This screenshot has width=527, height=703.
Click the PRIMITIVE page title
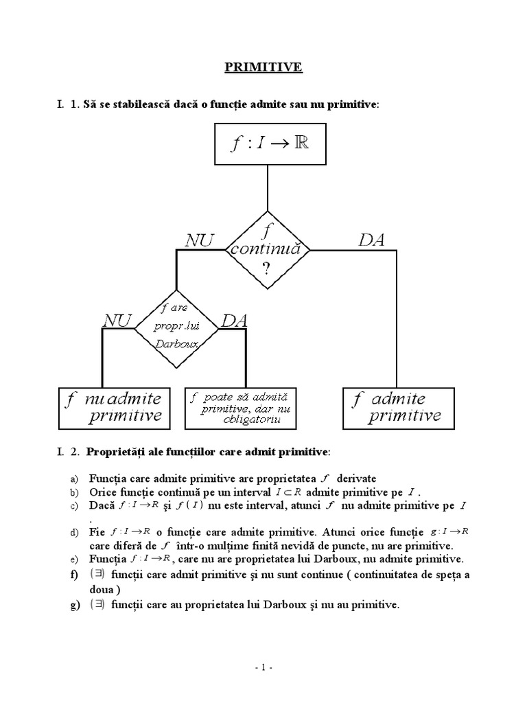click(x=263, y=67)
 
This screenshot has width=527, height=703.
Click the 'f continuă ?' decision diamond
click(x=266, y=250)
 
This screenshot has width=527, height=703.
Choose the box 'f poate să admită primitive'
click(x=240, y=408)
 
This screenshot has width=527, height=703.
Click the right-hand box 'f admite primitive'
click(x=398, y=407)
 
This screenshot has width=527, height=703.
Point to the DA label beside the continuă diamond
click(x=371, y=240)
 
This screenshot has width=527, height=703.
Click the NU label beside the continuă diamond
click(x=200, y=240)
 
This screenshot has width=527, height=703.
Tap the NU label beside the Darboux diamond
click(x=117, y=321)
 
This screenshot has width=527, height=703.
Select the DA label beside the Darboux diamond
click(x=233, y=321)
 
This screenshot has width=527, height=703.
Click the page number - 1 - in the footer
click(x=263, y=667)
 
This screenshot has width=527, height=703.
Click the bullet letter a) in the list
click(x=73, y=479)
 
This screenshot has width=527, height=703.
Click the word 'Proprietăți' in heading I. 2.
click(x=117, y=452)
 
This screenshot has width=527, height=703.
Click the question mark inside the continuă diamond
click(x=266, y=268)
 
